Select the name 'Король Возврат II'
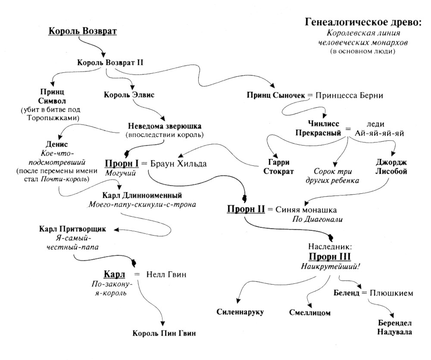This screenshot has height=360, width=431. (x=110, y=62)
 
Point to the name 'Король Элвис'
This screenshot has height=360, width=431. (x=123, y=96)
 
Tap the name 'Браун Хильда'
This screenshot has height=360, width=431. (x=178, y=164)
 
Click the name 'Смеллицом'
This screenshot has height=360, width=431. (x=309, y=313)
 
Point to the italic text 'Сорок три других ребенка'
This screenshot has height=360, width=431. (x=332, y=176)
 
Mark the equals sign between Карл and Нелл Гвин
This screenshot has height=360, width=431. (x=137, y=274)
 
